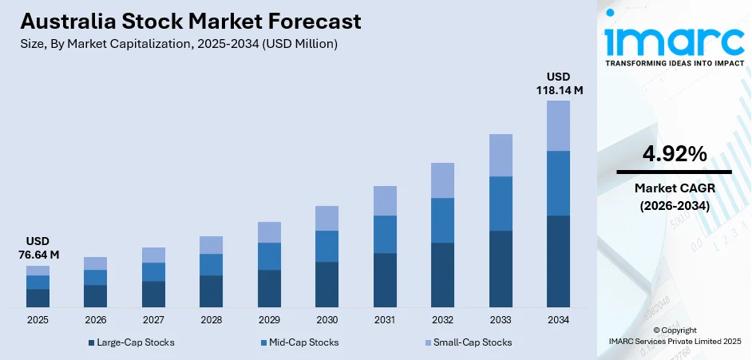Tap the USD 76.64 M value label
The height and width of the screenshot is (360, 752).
coord(38,247)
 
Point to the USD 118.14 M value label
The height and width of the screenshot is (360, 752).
coord(558,84)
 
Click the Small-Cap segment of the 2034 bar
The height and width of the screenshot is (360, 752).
coord(558,125)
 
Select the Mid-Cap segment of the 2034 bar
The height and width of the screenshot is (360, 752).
coord(558,183)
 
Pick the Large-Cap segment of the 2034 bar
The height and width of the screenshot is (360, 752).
coord(558,261)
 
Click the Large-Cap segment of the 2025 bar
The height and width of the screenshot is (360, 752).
coord(38,298)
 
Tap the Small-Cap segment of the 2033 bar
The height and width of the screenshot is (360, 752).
coord(501,155)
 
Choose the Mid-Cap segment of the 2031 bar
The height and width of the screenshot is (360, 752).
coord(385,234)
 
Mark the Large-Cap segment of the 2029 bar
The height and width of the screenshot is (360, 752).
coord(269,288)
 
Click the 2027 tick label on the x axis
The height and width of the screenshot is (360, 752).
coord(153,319)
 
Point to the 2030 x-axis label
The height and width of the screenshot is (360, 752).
coord(327,319)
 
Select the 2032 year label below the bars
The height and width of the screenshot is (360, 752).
coord(442,319)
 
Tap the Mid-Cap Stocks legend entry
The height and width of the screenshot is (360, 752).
coord(299,342)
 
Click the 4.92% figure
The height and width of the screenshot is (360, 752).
coord(674,154)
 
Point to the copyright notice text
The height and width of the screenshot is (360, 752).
coord(674,335)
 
